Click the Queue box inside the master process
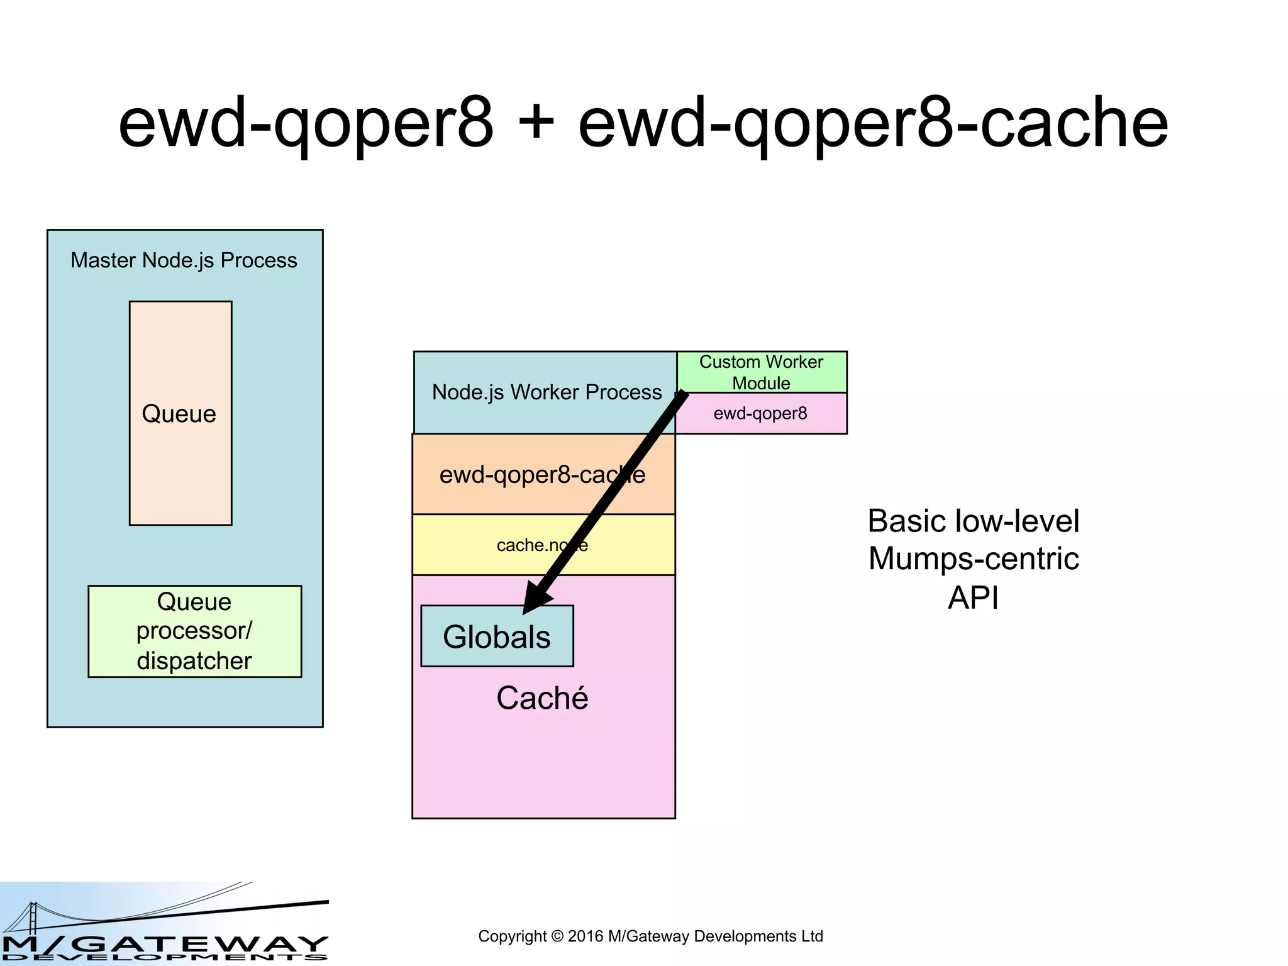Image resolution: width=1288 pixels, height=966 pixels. pos(180,413)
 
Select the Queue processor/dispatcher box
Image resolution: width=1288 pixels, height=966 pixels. pos(194,631)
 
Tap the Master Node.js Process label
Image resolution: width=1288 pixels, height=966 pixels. pos(184,260)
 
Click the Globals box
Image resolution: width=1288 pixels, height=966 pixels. pos(497,636)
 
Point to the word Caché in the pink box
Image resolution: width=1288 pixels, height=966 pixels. pos(542,698)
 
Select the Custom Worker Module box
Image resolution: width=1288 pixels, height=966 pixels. pos(761,372)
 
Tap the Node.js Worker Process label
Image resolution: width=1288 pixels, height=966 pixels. pos(546,392)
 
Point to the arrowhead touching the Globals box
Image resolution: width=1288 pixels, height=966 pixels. pos(535,601)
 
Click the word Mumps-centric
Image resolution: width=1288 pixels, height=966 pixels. pos(974,559)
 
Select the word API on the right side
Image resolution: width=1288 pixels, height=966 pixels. pos(973,597)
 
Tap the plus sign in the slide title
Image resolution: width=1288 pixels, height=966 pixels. pos(536,123)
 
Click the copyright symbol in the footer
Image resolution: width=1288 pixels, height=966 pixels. pos(557,936)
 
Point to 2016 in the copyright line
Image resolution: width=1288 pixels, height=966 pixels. pos(586,936)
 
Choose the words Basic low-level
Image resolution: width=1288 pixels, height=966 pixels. pos(974,521)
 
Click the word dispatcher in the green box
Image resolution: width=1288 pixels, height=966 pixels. pos(194,661)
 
